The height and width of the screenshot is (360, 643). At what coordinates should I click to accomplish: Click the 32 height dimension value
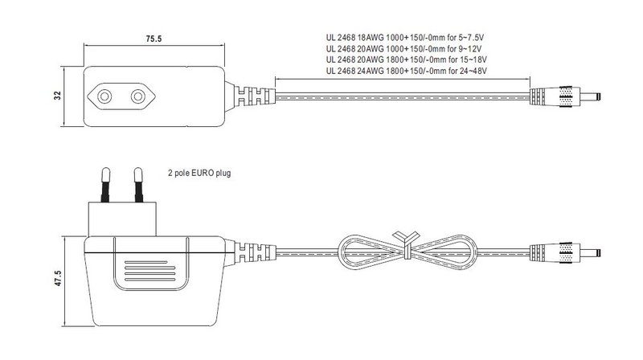pyautogui.click(x=70, y=96)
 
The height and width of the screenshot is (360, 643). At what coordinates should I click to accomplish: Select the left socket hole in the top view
pyautogui.click(x=104, y=96)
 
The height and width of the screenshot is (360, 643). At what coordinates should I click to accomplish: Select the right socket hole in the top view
pyautogui.click(x=137, y=96)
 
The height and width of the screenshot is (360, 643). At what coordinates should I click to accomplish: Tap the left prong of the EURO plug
pyautogui.click(x=104, y=184)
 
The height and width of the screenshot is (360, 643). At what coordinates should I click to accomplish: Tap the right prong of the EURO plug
pyautogui.click(x=137, y=184)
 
